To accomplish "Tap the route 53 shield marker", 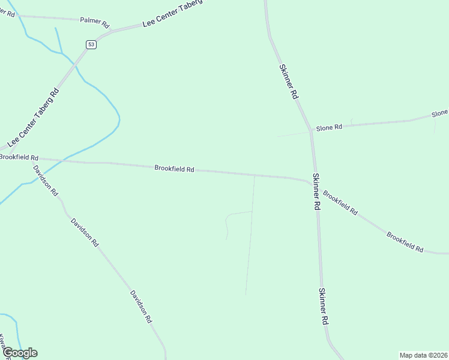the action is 91,44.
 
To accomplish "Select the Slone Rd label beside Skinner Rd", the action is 329,127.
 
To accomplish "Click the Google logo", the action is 19,353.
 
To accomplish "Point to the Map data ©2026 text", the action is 423,355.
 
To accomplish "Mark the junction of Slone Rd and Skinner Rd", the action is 311,130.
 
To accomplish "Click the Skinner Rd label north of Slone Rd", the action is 288,82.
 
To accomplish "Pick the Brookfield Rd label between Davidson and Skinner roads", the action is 174,169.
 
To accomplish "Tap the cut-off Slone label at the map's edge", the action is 440,113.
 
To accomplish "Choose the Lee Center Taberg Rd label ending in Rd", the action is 34,118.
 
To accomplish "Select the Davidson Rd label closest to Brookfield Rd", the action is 46,181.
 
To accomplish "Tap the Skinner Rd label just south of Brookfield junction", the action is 316,191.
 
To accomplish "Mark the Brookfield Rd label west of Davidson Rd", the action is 18,157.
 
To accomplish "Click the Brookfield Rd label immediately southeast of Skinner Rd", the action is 340,203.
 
